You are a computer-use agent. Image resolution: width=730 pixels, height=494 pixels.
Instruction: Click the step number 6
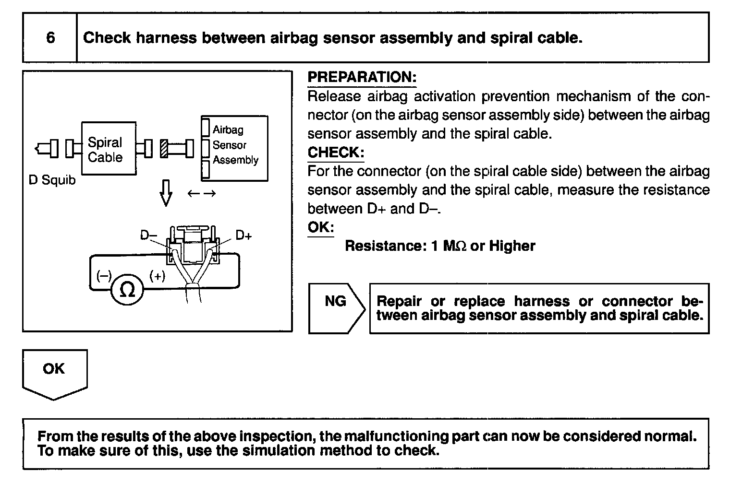pyautogui.click(x=50, y=38)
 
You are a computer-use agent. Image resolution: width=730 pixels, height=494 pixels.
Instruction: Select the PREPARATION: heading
pyautogui.click(x=362, y=77)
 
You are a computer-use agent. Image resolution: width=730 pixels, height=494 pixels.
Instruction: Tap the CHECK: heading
pyautogui.click(x=336, y=153)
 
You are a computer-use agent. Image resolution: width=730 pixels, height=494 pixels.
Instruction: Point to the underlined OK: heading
pyautogui.click(x=321, y=227)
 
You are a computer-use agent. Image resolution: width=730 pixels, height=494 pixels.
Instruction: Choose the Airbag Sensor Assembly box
pyautogui.click(x=234, y=148)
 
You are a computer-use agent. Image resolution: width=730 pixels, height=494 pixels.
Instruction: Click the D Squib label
pyautogui.click(x=52, y=180)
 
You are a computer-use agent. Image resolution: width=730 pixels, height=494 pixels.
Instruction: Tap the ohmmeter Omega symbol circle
pyautogui.click(x=127, y=290)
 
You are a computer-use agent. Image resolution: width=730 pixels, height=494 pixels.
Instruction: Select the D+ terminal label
pyautogui.click(x=244, y=235)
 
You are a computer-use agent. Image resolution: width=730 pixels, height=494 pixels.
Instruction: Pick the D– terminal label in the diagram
pyautogui.click(x=148, y=235)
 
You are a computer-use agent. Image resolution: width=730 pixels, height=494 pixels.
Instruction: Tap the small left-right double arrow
pyautogui.click(x=202, y=194)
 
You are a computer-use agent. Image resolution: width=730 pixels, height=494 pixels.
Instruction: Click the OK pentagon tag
pyautogui.click(x=55, y=373)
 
